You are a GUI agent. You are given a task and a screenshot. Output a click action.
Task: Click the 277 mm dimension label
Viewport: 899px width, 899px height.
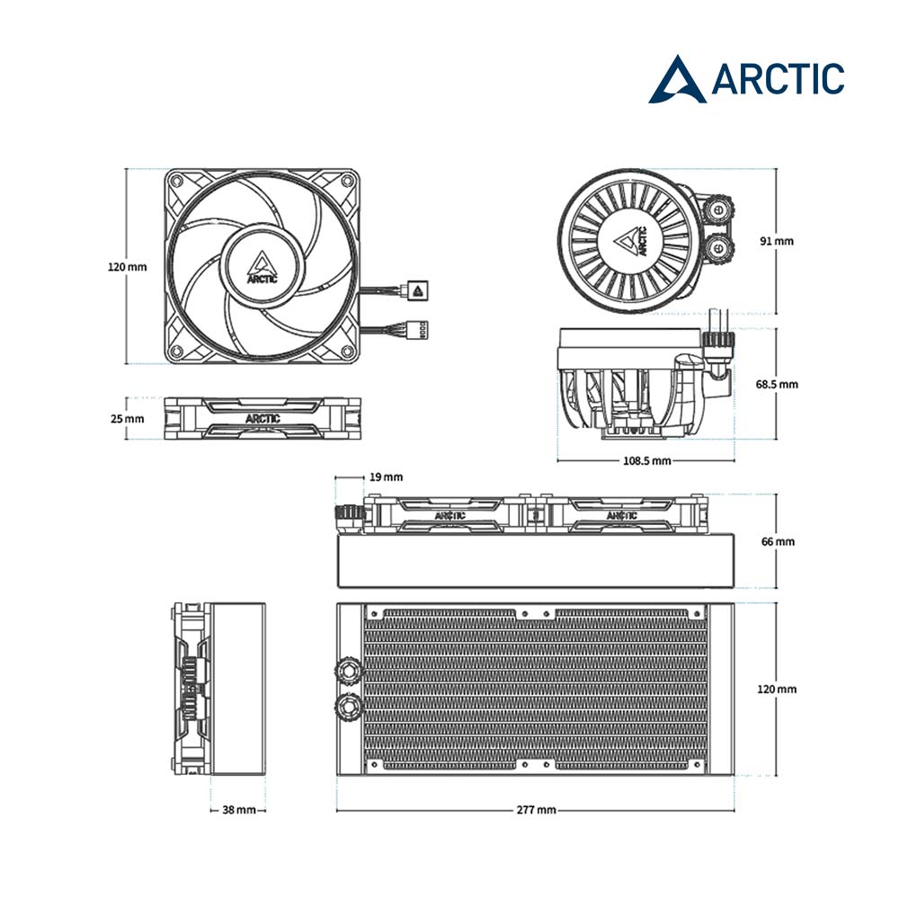click(536, 810)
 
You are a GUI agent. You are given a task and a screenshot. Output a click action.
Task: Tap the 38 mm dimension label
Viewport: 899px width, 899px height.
click(239, 810)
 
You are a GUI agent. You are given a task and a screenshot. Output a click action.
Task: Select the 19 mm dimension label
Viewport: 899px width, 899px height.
click(386, 477)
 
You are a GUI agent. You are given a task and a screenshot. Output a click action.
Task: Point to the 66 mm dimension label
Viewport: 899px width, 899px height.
click(778, 541)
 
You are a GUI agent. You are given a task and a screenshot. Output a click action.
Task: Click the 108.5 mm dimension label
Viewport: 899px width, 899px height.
click(646, 460)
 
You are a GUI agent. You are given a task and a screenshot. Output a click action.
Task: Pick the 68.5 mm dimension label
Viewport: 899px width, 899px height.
click(777, 384)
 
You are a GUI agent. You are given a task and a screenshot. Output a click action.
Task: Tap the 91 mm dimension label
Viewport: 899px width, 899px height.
click(777, 241)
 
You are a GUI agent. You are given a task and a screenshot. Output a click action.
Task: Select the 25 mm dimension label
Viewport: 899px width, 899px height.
click(128, 419)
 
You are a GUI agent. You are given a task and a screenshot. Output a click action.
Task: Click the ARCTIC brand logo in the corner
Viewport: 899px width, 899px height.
click(746, 79)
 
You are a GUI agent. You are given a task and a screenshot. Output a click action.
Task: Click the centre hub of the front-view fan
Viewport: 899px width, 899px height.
click(262, 265)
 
